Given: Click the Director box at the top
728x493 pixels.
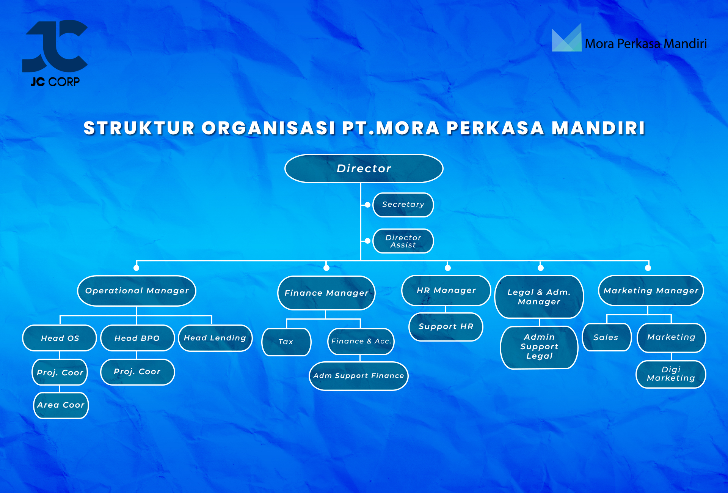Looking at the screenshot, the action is click(364, 169).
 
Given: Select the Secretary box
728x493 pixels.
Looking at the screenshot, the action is click(403, 205).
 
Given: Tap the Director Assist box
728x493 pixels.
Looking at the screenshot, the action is click(403, 241).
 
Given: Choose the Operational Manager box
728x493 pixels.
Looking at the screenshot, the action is click(136, 291).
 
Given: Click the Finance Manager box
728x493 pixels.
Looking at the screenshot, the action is click(326, 293).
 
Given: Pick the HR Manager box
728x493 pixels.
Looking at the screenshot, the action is click(446, 290).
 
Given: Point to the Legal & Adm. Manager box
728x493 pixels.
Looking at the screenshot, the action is click(539, 297).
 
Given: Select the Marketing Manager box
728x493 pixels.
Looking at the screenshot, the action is click(651, 291).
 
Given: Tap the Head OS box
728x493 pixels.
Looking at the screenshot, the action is click(60, 338).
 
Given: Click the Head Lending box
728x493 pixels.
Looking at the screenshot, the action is click(215, 338).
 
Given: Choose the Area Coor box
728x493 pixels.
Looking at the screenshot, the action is click(61, 405).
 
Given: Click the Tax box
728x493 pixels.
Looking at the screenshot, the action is click(286, 342).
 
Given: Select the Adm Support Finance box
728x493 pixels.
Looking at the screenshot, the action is click(359, 376).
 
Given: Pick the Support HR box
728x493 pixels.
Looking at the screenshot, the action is click(446, 327).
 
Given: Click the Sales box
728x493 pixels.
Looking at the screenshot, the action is click(606, 337).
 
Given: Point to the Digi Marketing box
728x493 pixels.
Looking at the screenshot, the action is click(671, 374).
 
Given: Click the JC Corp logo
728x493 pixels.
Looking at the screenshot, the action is click(55, 53).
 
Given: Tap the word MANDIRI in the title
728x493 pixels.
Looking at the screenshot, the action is click(598, 128).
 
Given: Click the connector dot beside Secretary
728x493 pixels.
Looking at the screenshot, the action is click(367, 205).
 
